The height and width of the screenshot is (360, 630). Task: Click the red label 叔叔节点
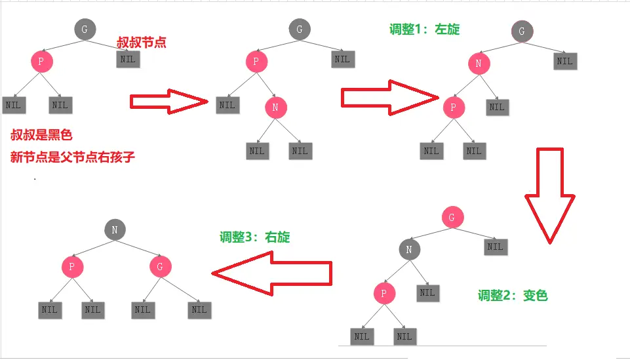(x=141, y=43)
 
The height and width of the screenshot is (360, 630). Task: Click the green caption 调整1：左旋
(x=424, y=30)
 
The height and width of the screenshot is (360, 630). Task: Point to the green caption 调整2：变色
(x=513, y=296)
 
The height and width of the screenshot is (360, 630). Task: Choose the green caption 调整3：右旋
(x=254, y=237)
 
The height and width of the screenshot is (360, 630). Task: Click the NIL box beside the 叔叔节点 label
(x=128, y=58)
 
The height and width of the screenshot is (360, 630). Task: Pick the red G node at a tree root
(x=452, y=218)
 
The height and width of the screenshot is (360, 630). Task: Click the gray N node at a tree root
(x=114, y=230)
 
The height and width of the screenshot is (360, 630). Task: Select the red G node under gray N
(x=160, y=266)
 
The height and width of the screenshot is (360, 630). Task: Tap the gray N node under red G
(x=409, y=249)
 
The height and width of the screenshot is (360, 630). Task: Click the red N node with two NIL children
(x=276, y=108)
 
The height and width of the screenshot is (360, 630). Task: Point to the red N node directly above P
(x=479, y=63)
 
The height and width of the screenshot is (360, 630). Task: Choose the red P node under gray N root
(x=72, y=266)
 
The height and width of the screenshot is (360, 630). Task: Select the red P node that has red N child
(x=256, y=62)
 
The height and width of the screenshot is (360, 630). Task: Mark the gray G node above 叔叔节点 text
(x=84, y=29)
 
